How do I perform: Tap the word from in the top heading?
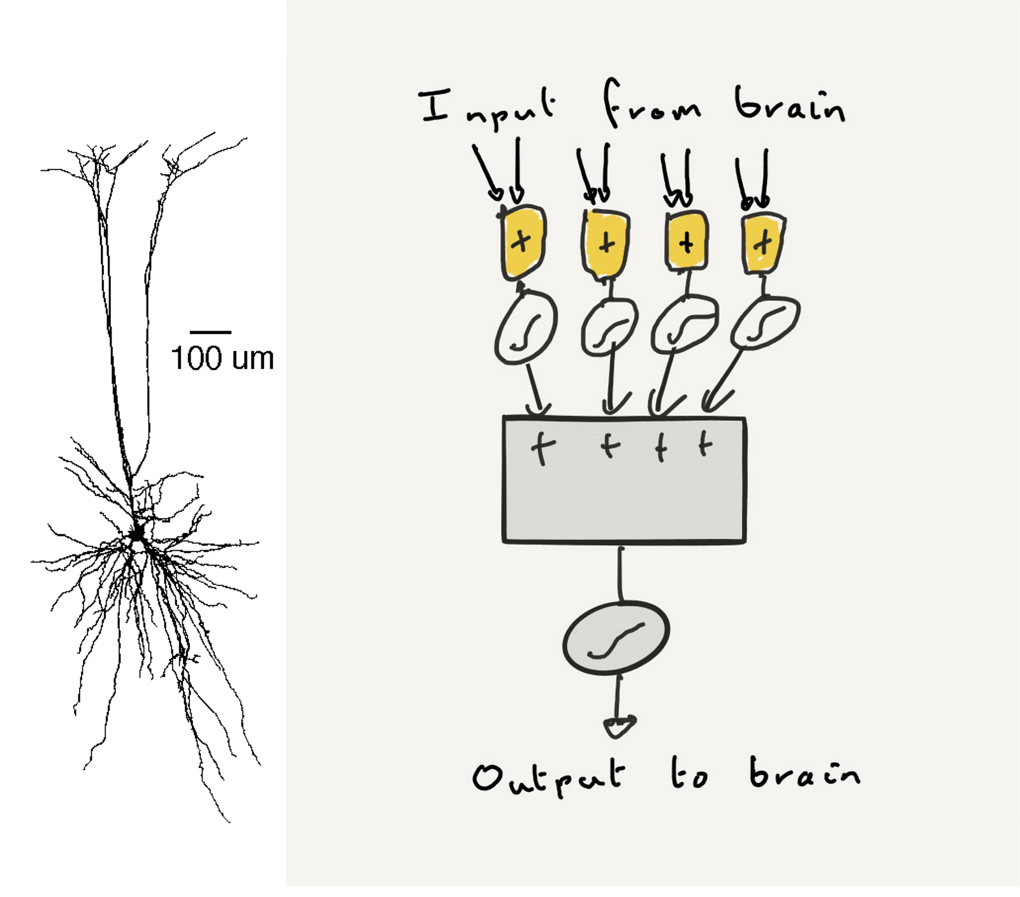pos(652,105)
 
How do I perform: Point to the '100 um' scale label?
pos(222,358)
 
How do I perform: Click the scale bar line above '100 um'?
pos(210,332)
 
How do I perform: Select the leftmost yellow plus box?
pos(523,242)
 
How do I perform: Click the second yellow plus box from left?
pos(606,244)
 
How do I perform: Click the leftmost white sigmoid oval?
pos(525,328)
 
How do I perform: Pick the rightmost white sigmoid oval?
pos(765,323)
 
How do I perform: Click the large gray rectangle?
pos(624,491)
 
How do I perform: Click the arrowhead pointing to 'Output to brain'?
pos(618,726)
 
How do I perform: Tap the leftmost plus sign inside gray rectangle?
pos(541,448)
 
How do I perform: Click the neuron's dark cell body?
pos(136,533)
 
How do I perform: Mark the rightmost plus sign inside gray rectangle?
pos(704,444)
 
